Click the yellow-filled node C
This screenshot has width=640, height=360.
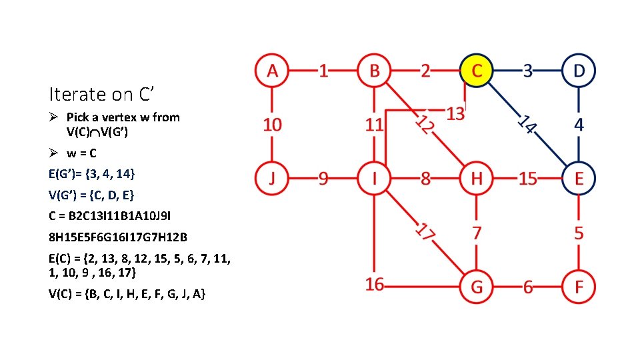pos(477,70)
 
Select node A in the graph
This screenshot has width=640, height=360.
pos(271,70)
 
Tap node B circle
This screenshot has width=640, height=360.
pos(374,70)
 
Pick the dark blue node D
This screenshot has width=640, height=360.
pos(579,70)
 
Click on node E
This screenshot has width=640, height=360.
pos(579,179)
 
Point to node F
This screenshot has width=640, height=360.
pos(579,287)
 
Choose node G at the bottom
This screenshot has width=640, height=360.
pos(477,287)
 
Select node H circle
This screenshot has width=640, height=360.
pos(477,179)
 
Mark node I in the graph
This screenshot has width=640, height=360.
pos(374,179)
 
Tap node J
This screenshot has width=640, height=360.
pos(271,179)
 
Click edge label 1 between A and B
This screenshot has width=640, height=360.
pos(323,70)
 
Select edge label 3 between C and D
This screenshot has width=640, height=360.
pos(528,70)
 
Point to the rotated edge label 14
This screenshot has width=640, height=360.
pos(527,124)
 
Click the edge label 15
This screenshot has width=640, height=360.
pos(528,179)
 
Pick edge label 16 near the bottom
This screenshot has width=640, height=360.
pos(375,284)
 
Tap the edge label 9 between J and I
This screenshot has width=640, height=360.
pos(323,179)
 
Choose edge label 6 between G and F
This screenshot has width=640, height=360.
pos(528,287)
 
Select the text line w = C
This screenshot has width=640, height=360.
pos(80,152)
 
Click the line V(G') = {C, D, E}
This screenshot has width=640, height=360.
pos(91,195)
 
